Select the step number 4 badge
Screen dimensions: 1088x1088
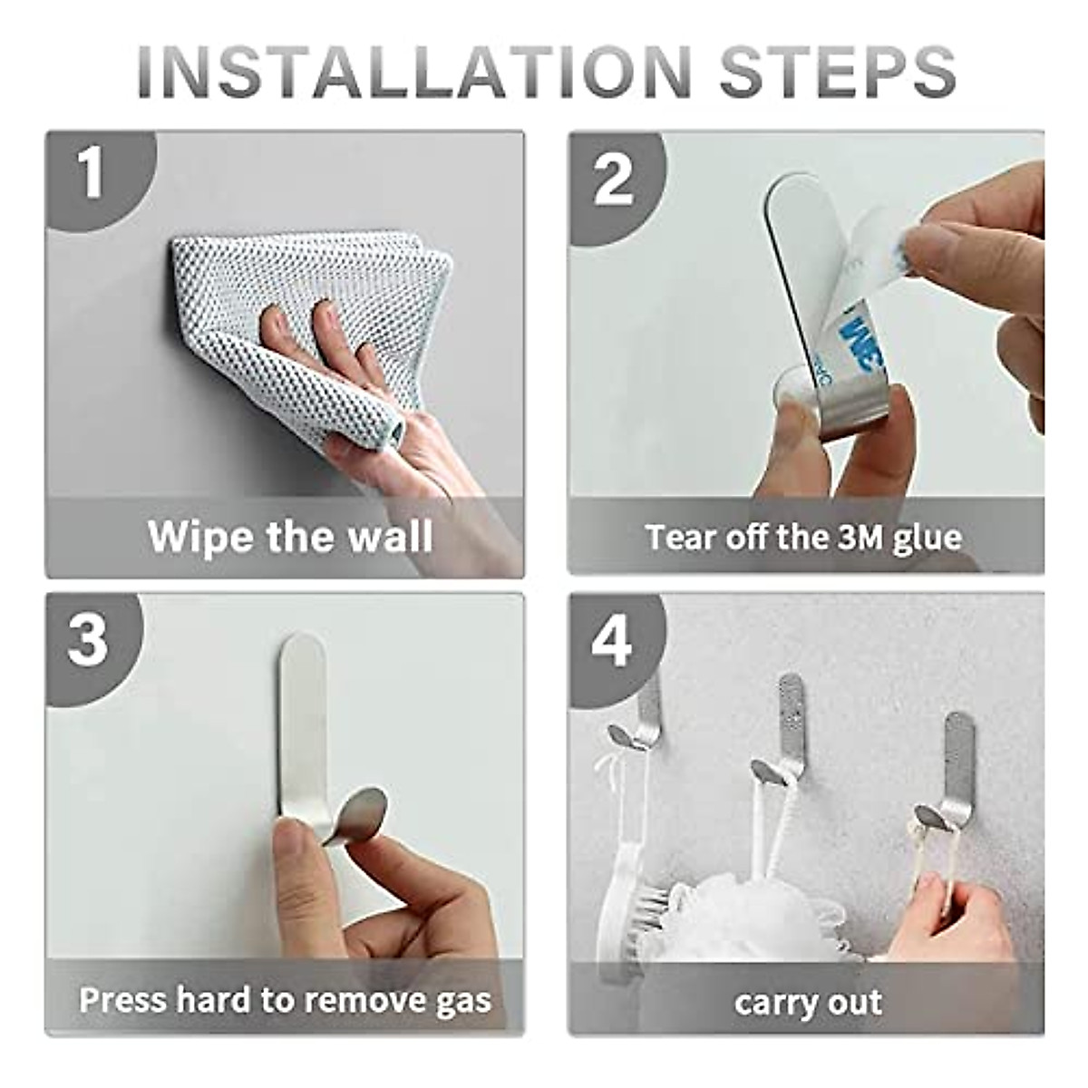click(x=612, y=641)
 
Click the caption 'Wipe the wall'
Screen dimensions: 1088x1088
click(x=290, y=535)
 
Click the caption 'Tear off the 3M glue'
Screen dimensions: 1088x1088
click(x=803, y=537)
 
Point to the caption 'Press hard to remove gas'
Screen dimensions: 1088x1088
click(x=285, y=1000)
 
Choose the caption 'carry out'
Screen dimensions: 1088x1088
click(x=807, y=1003)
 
